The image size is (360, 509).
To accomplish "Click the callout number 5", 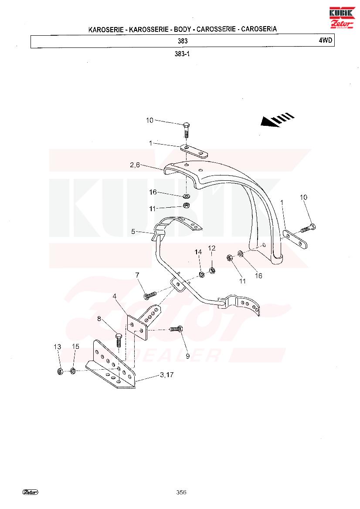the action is [133, 232].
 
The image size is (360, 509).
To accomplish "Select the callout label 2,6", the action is [135, 165].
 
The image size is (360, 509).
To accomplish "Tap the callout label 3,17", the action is [166, 374].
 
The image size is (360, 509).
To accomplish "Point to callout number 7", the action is [137, 275].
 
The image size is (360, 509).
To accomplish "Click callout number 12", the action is [211, 248].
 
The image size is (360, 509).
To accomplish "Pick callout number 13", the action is [57, 347].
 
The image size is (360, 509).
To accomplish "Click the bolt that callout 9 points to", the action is [176, 329].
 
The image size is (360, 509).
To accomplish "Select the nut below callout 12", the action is [212, 270].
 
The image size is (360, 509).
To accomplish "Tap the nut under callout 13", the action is [59, 371].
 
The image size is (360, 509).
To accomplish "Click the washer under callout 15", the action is [73, 371].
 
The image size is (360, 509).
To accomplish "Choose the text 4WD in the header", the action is [325, 40].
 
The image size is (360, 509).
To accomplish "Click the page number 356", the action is [181, 492].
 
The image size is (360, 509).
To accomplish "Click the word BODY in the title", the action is [182, 29].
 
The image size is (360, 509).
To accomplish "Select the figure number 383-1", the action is [182, 54].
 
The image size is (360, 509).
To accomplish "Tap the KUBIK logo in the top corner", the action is [342, 17].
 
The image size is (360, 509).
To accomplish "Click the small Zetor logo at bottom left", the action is [31, 492].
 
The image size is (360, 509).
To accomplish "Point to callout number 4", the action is [115, 296].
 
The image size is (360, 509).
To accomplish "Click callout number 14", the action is [198, 252].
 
